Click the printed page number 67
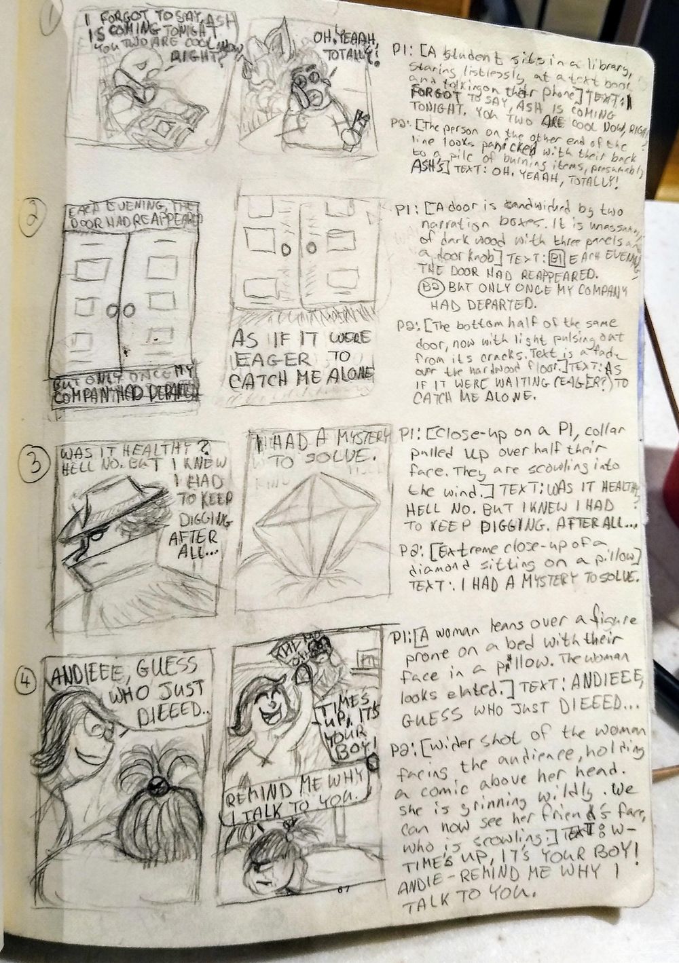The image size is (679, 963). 342,890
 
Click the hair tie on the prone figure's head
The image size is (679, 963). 158,789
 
